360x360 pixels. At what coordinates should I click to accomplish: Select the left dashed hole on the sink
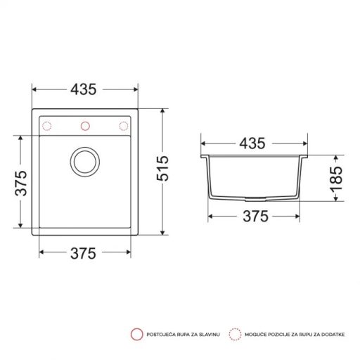(x=48, y=127)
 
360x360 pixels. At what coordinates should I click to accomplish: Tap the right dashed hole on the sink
(x=124, y=127)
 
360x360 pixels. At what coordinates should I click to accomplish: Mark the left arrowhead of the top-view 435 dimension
(x=35, y=90)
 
